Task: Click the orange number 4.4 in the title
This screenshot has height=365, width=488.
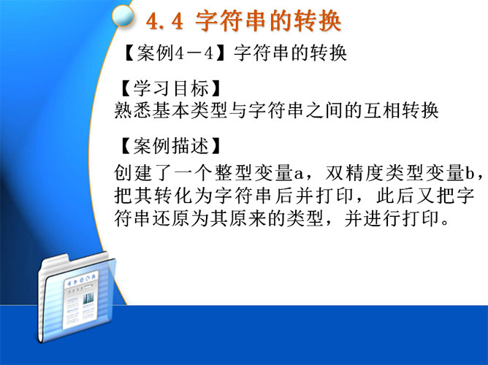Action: pos(164,21)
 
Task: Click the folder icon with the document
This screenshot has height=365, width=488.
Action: pos(77,297)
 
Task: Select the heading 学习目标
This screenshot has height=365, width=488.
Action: pos(171,88)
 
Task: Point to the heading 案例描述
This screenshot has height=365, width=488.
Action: pos(171,145)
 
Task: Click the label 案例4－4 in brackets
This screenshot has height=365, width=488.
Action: pos(175,53)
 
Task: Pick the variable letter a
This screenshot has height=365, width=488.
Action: pos(299,174)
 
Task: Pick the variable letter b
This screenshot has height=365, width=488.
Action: pos(470,174)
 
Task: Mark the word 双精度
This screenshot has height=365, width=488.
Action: pos(354,172)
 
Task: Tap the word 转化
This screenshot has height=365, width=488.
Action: pos(173,195)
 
